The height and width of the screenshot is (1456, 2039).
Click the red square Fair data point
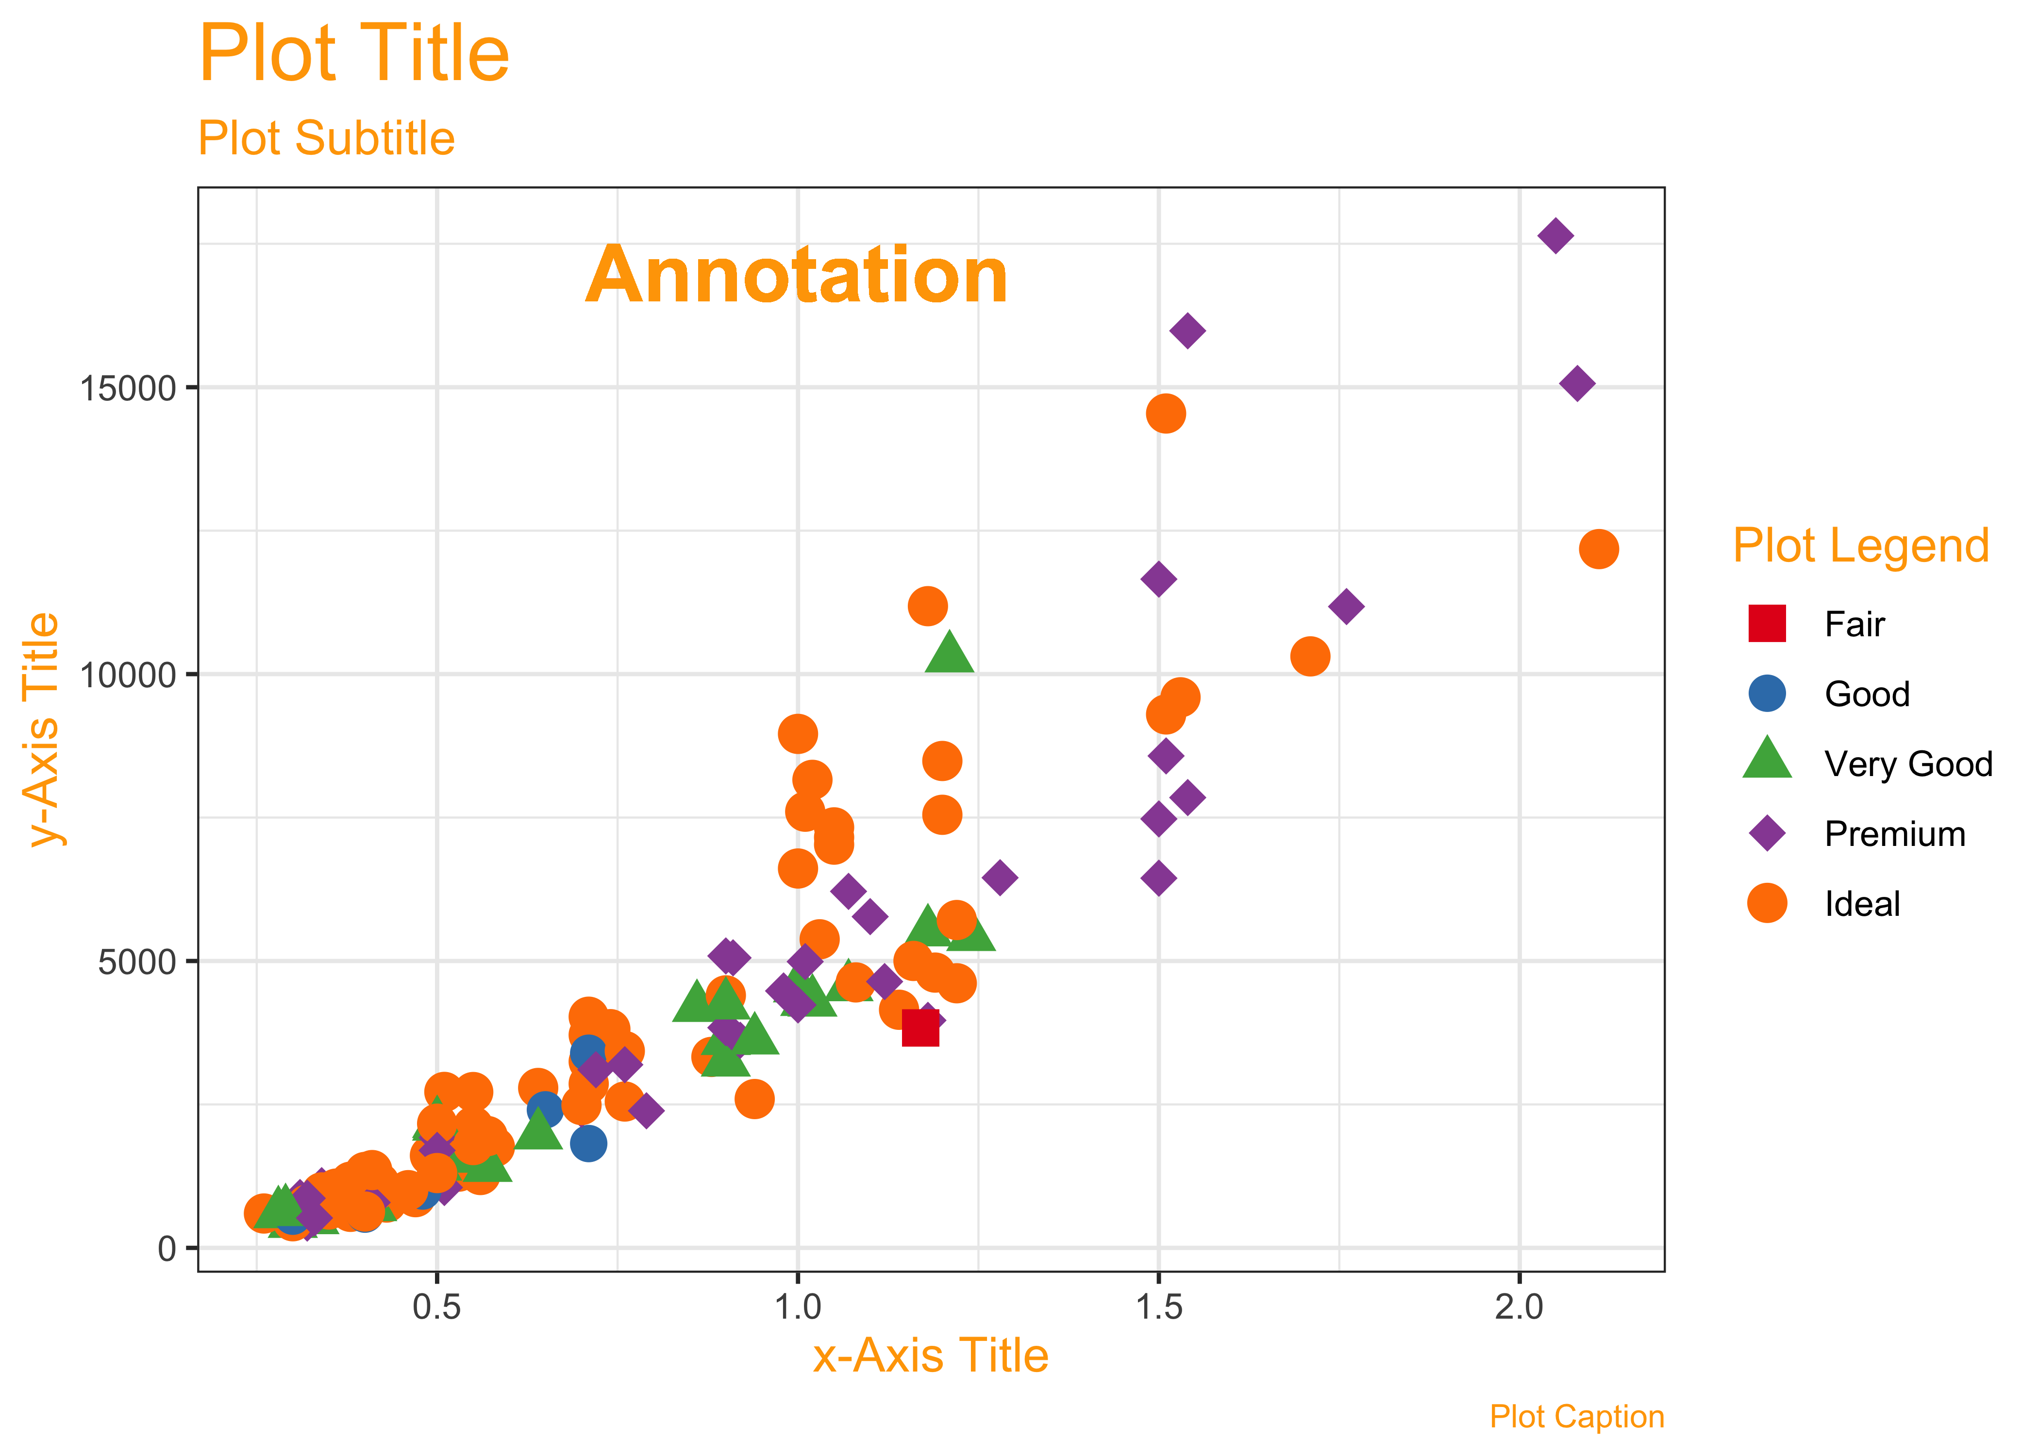(x=920, y=1027)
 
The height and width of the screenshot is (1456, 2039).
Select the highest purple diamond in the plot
(x=1555, y=236)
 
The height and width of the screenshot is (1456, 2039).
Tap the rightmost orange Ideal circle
(x=1598, y=549)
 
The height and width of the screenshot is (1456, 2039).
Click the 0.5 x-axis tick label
(x=436, y=1307)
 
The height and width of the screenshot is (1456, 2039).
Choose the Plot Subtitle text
(x=326, y=138)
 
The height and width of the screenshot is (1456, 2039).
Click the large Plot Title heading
(x=353, y=54)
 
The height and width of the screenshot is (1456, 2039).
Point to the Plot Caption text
(x=1576, y=1417)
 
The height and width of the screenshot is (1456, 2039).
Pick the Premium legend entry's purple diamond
(x=1767, y=833)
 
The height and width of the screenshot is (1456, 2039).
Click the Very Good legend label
(x=1908, y=764)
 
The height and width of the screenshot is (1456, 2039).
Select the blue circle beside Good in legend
(x=1767, y=693)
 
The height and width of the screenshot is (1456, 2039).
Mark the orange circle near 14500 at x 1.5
(x=1165, y=414)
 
